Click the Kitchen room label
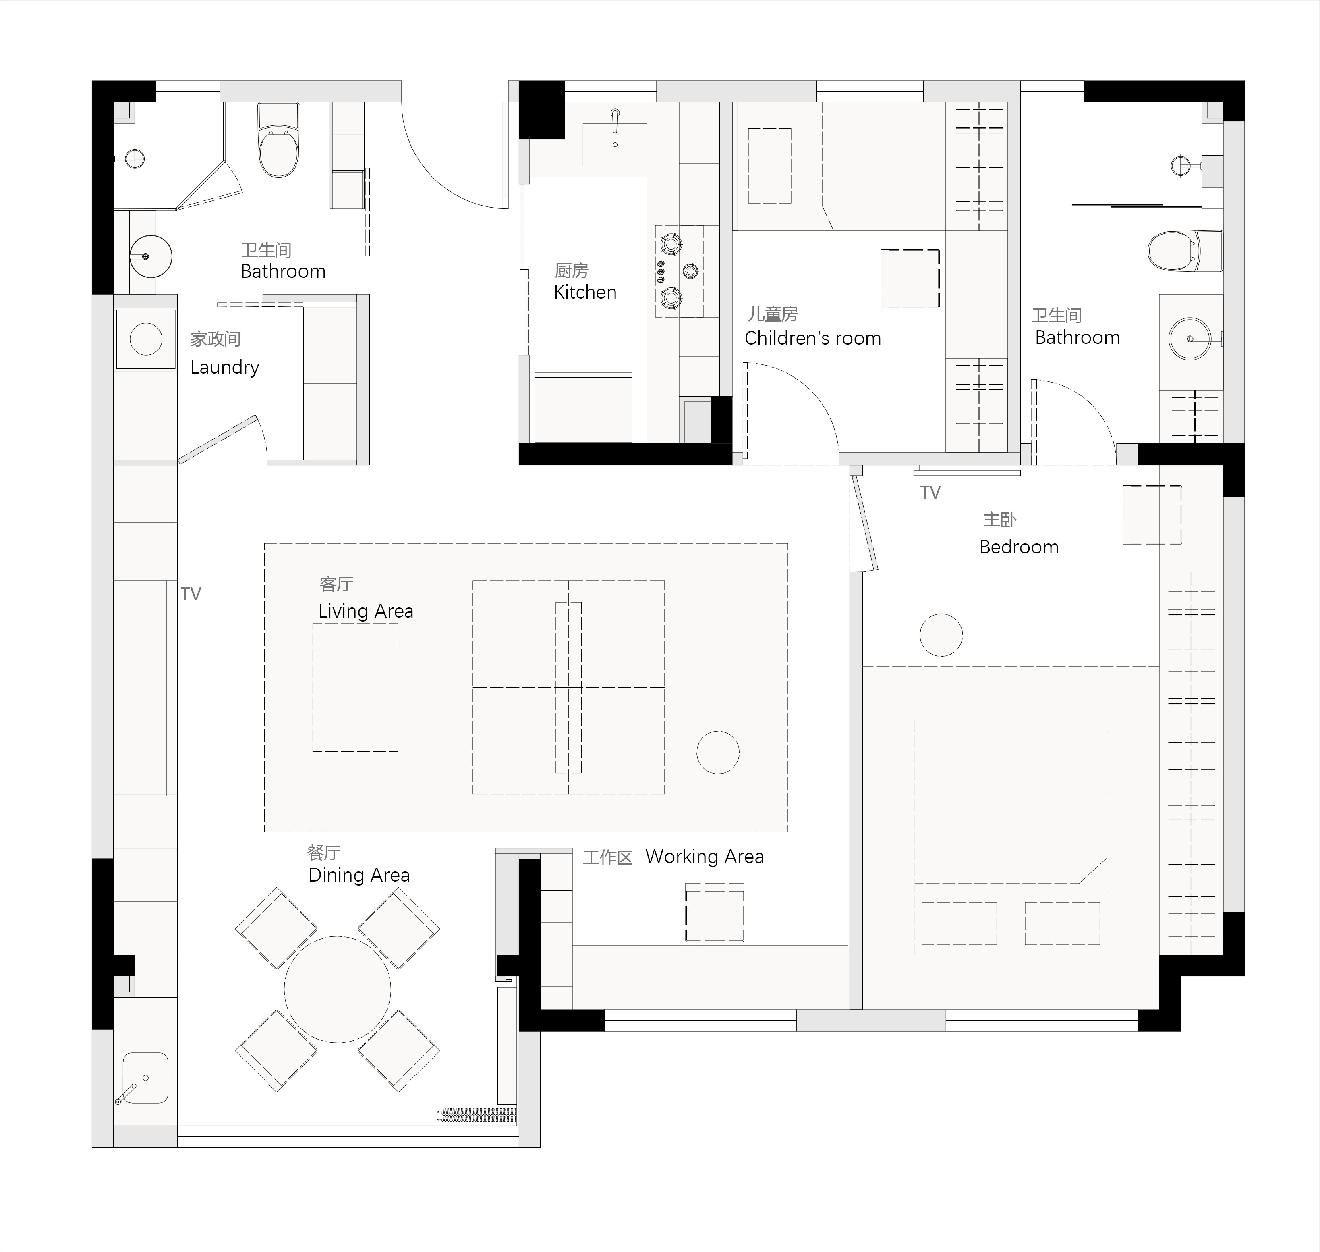coord(585,292)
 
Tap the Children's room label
coord(812,338)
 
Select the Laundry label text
coord(225,368)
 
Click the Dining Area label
coord(359,875)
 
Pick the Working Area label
coord(705,856)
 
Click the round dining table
coord(338,989)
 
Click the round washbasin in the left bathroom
coord(151,256)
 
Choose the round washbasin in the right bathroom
coord(1190,339)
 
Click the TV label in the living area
coord(191,594)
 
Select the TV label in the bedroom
coord(930,493)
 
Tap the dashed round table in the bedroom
coord(941,635)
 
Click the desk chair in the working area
coord(714,912)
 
